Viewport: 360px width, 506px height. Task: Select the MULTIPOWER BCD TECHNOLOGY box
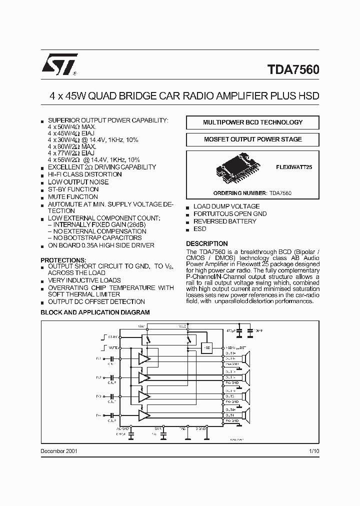pos(252,122)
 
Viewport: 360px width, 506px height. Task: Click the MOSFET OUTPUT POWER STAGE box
pos(252,139)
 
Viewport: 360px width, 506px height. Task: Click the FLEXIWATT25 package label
pos(294,168)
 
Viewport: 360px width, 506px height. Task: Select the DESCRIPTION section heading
pos(207,243)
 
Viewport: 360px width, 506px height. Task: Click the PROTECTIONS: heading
pos(63,260)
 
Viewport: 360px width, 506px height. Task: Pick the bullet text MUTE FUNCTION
pos(73,197)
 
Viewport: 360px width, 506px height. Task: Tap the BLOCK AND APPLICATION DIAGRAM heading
pos(95,312)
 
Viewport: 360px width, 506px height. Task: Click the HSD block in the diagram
pos(206,347)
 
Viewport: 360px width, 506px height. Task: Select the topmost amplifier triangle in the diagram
pos(144,358)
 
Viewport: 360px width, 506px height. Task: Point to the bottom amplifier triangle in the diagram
pos(144,415)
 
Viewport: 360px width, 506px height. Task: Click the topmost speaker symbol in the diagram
pos(245,358)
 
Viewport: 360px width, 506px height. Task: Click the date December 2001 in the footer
pos(59,450)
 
